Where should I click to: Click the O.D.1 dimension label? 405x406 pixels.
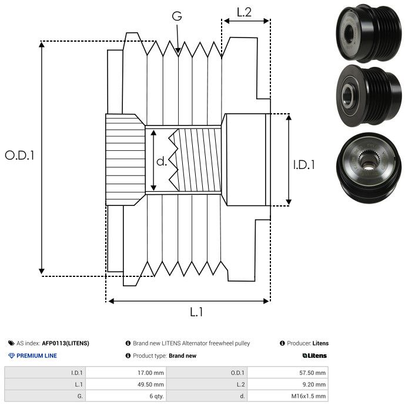pos(20,155)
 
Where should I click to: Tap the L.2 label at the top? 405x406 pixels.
pos(244,12)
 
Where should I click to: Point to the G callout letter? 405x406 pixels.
pos(177,16)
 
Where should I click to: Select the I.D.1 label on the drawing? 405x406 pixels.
pos(304,165)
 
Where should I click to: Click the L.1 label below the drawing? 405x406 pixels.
pos(196,312)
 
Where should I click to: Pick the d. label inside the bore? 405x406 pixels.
pos(162,161)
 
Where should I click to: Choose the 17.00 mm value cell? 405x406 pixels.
pos(150,373)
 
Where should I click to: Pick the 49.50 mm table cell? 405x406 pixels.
pos(150,384)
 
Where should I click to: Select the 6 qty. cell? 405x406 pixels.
pos(155,396)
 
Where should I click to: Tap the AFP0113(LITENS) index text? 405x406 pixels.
pos(65,343)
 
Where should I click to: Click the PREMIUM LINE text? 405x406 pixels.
pos(36,356)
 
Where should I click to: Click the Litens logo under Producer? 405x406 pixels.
pos(314,356)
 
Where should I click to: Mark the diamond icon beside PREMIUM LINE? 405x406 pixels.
pos(11,356)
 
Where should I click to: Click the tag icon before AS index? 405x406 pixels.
pos(11,343)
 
